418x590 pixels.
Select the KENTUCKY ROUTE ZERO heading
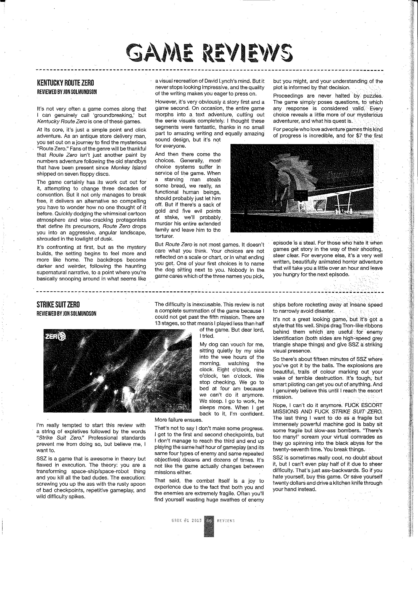[65, 83]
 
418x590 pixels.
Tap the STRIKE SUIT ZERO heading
[58, 305]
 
